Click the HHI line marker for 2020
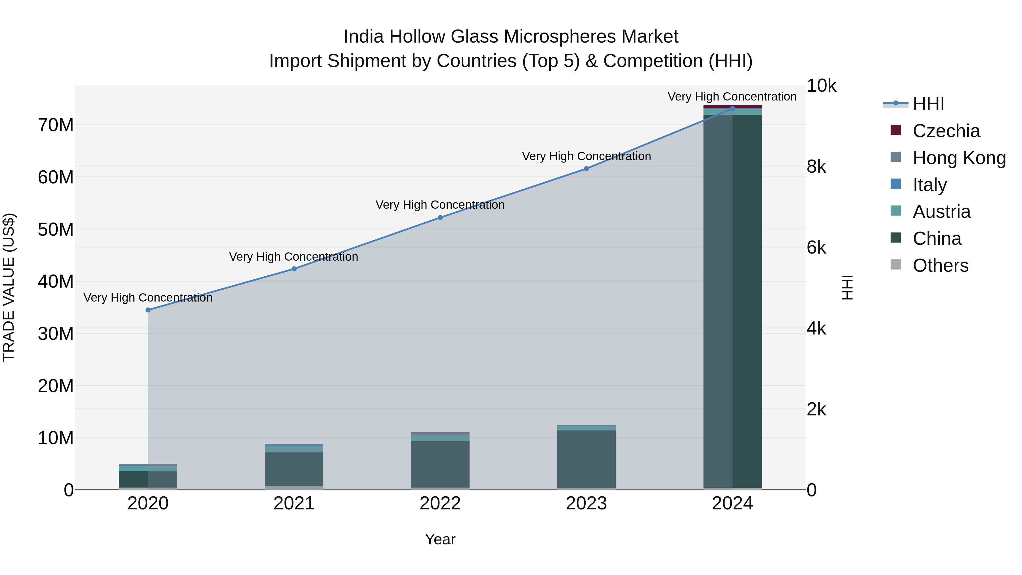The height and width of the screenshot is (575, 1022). [148, 310]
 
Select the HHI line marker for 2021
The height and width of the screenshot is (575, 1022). [294, 269]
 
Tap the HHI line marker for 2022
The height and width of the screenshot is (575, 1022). [440, 218]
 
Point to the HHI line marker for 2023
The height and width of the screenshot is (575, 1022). [587, 169]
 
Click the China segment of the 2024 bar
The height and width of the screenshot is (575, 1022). [732, 302]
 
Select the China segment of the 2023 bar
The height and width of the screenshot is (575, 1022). [587, 459]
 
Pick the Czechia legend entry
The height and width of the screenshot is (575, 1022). [946, 131]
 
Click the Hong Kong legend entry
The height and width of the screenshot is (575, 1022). [958, 158]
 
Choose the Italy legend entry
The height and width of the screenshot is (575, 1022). [929, 185]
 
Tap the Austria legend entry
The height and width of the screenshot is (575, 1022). [941, 212]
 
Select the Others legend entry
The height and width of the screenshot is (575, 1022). [940, 265]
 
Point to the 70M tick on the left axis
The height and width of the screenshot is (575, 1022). [56, 125]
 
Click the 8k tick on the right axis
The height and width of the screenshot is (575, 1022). [816, 167]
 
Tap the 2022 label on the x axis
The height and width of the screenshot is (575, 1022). [440, 503]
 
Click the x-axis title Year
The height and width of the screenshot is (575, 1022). [440, 539]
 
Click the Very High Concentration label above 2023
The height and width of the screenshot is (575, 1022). [587, 156]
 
